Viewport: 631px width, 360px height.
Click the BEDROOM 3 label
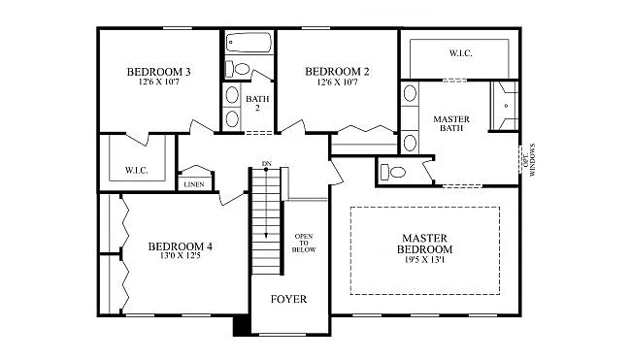pyautogui.click(x=158, y=73)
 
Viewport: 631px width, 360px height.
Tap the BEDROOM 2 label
pyautogui.click(x=337, y=72)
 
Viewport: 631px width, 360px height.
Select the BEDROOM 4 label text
pyautogui.click(x=180, y=246)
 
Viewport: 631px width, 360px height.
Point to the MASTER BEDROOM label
pyautogui.click(x=425, y=244)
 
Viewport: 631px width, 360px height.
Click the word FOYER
pyautogui.click(x=288, y=299)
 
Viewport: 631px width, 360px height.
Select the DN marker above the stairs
pyautogui.click(x=266, y=163)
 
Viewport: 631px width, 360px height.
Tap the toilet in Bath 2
pyautogui.click(x=239, y=68)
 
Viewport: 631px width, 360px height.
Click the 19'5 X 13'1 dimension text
pyautogui.click(x=425, y=261)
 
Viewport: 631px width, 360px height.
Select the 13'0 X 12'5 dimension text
pyautogui.click(x=180, y=257)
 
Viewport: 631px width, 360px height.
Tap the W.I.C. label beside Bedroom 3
pyautogui.click(x=136, y=171)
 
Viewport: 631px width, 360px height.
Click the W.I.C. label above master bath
pyautogui.click(x=459, y=52)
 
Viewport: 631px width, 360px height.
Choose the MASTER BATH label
pyautogui.click(x=451, y=123)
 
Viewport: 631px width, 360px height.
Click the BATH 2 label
pyautogui.click(x=257, y=104)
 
